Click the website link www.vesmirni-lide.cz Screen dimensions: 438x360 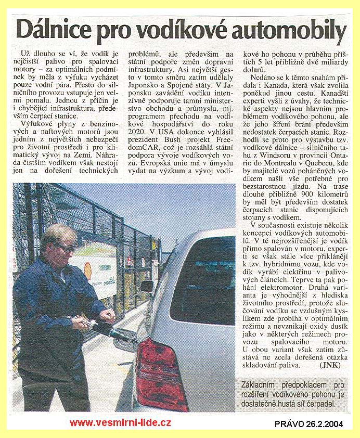tap(120, 423)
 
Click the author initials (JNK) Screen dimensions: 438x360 tap(330, 365)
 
